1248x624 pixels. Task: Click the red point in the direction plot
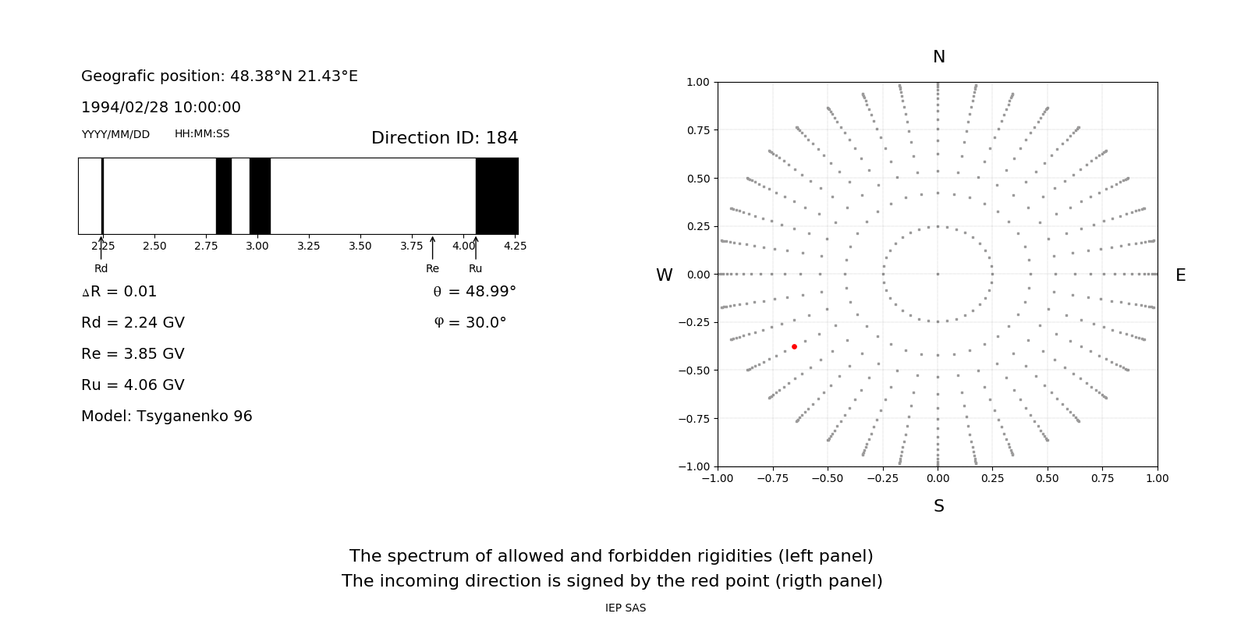coord(794,346)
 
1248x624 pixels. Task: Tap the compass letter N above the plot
coord(938,57)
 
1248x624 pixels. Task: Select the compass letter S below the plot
coord(938,506)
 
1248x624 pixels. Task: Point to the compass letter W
coord(664,275)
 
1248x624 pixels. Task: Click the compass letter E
coord(1180,275)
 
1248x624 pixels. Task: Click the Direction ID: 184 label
coord(445,138)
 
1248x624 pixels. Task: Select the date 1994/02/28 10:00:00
coord(161,108)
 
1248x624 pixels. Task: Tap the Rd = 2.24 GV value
coord(133,323)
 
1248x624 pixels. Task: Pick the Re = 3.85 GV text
coord(133,354)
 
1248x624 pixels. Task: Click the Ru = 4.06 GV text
coord(133,385)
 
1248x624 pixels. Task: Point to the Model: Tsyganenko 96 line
coord(167,417)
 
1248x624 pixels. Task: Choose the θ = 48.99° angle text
coord(474,292)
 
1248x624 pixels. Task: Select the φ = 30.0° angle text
coord(470,323)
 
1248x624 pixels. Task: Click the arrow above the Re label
coord(432,248)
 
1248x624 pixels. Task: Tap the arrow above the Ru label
coord(476,248)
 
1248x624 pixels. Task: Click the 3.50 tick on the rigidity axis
coord(360,246)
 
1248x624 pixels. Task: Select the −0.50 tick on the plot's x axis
coord(827,478)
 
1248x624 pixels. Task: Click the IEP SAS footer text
coord(626,608)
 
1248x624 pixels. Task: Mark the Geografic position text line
coord(219,76)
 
